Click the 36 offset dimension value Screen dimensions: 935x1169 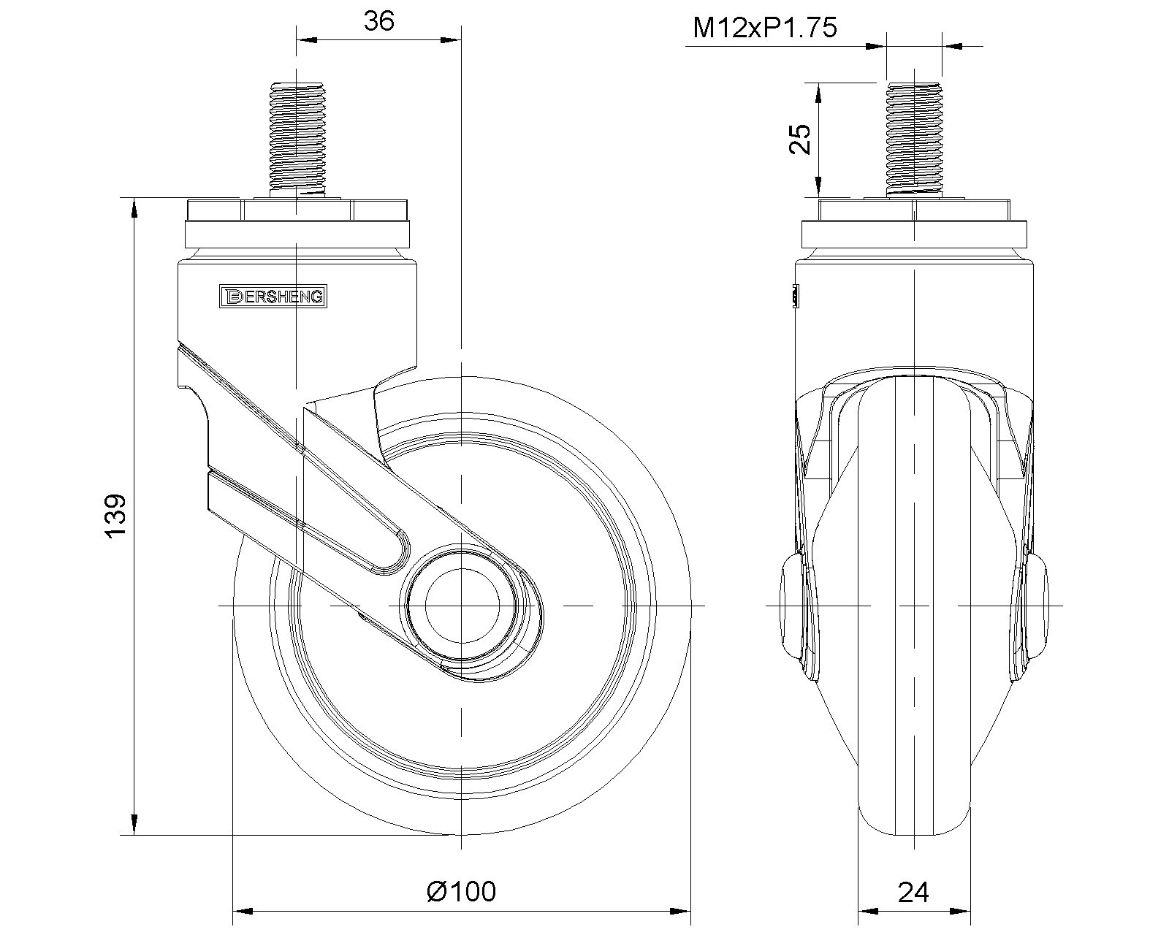pos(378,22)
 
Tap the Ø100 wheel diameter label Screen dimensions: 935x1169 pos(461,891)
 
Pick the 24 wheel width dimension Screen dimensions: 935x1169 pos(913,892)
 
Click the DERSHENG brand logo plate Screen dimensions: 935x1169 pos(273,296)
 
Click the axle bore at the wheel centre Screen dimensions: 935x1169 pos(462,606)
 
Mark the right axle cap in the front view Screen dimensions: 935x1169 pos(1037,606)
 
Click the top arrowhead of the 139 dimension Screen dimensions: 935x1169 pos(135,207)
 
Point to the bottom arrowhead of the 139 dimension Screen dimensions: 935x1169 pos(135,825)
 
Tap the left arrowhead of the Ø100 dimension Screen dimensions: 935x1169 pos(242,912)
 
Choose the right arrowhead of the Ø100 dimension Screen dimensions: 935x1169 pos(682,912)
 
